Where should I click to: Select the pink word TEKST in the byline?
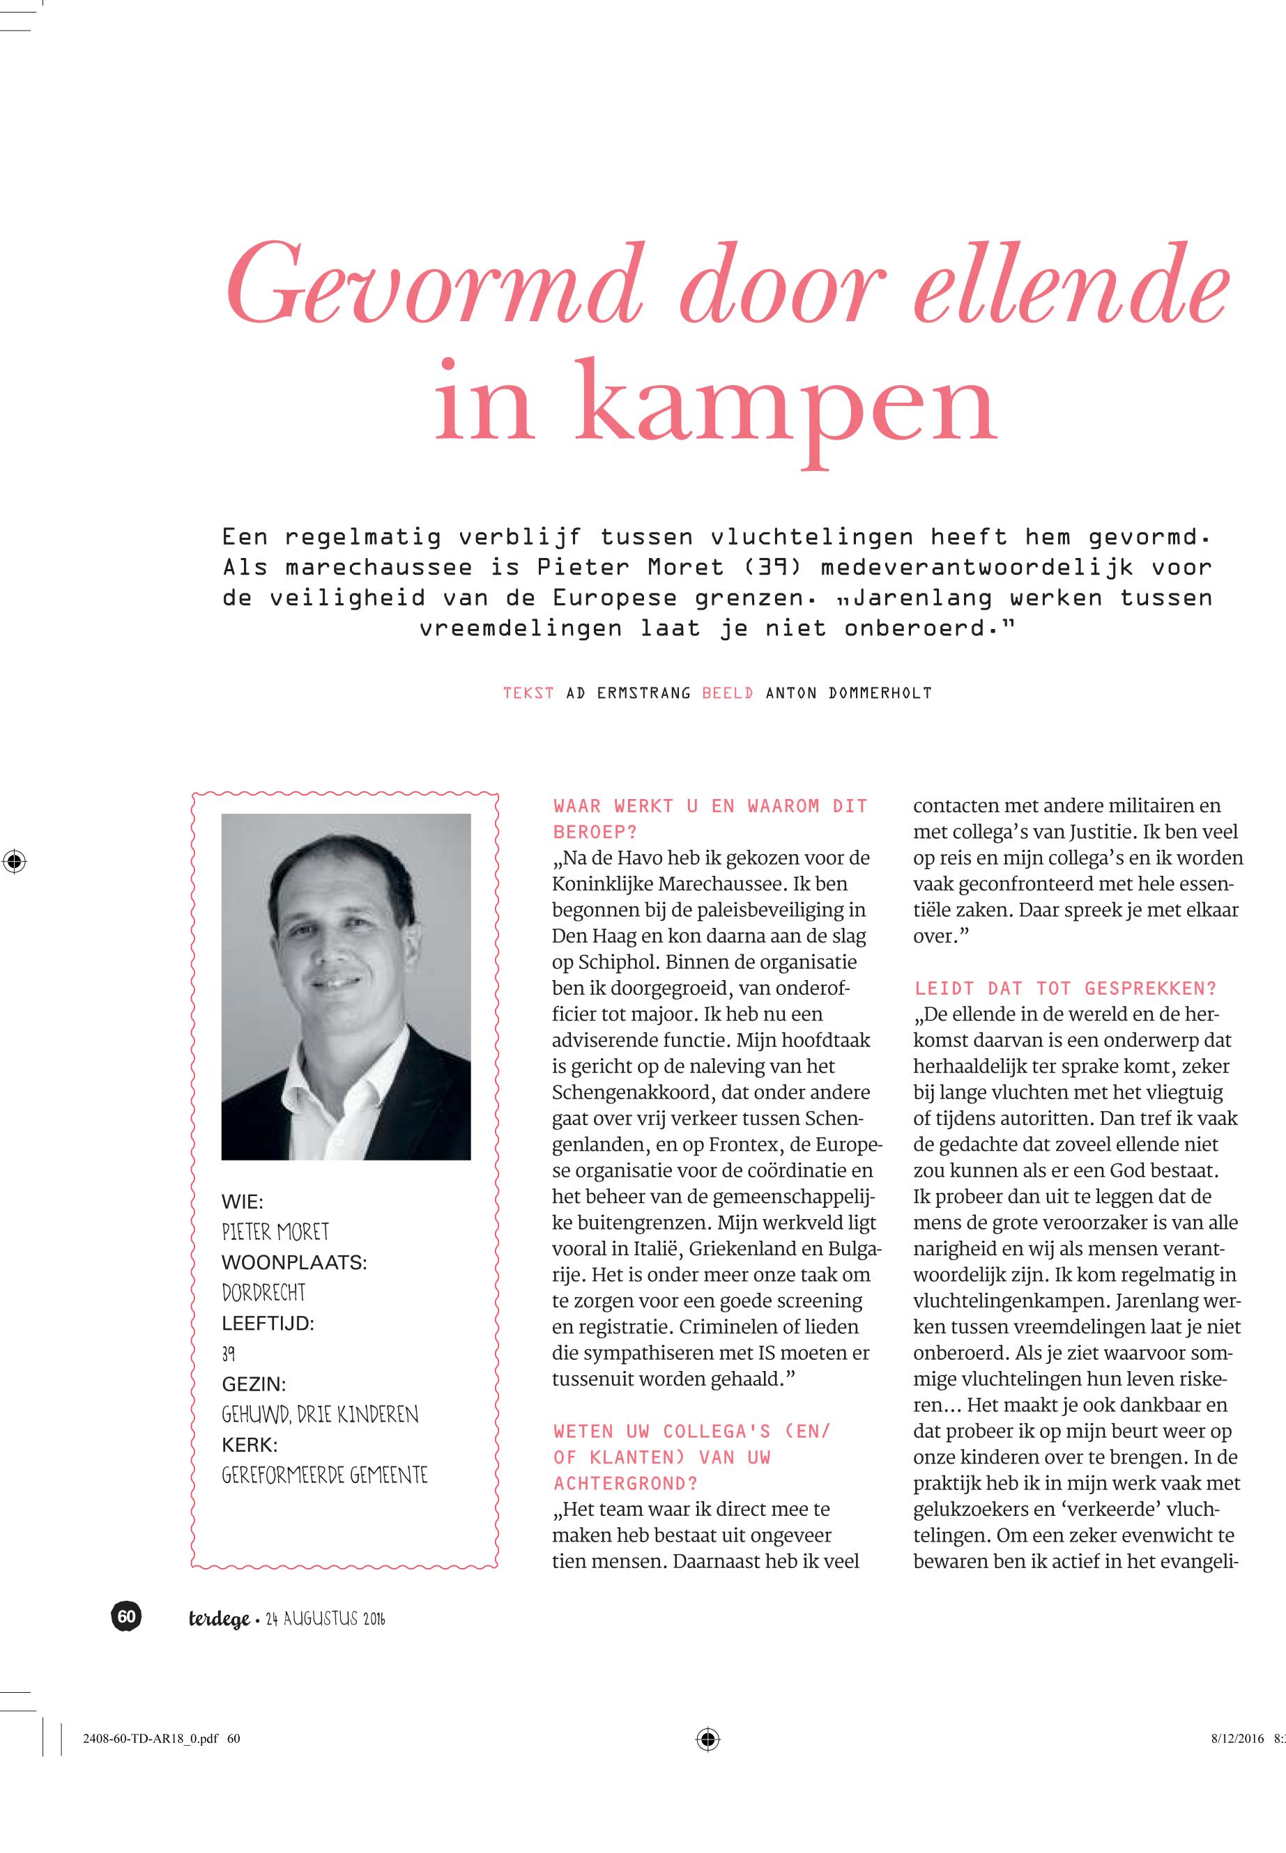528,693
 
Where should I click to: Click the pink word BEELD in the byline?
728,693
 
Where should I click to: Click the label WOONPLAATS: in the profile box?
294,1263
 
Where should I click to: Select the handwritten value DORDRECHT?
263,1292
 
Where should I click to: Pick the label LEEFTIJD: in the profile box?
268,1323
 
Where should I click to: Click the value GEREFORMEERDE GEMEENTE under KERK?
325,1475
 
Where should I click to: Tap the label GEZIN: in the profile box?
254,1384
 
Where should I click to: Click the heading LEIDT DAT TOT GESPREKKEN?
1065,988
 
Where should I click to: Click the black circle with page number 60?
126,1616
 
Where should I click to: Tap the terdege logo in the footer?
219,1619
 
